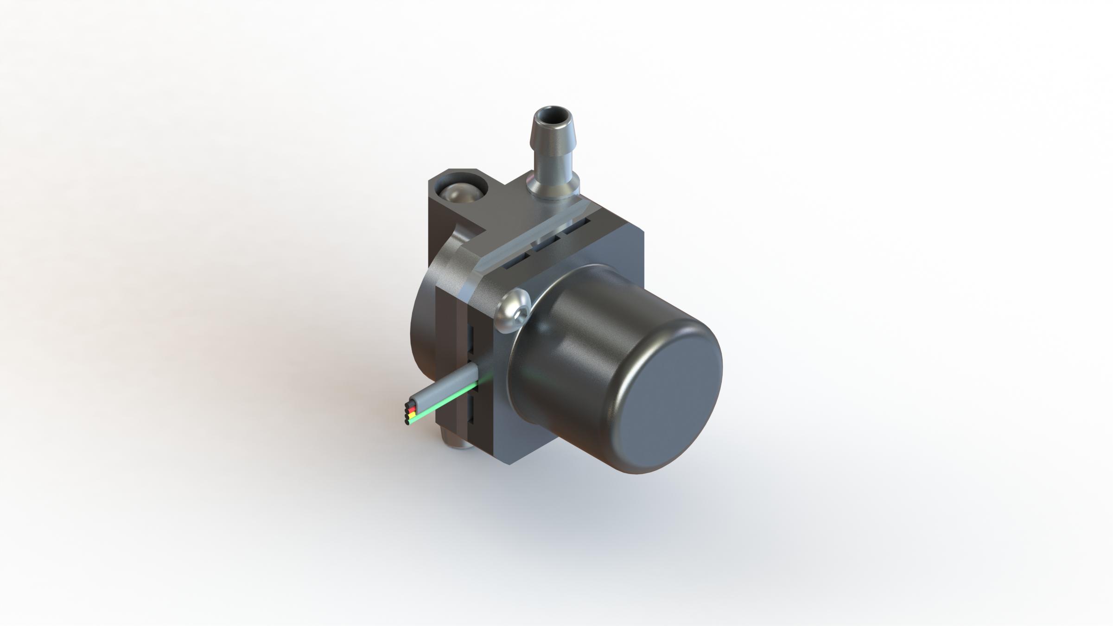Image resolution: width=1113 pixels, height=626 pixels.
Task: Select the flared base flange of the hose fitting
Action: pos(552,191)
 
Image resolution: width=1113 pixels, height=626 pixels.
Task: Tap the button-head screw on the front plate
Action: pos(510,313)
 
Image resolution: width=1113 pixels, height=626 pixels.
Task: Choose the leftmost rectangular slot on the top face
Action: pos(515,262)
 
